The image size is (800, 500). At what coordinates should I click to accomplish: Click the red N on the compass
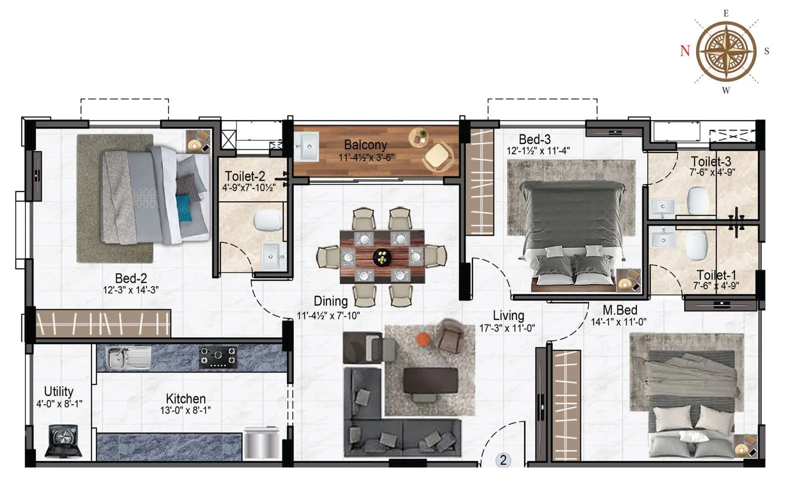[685, 50]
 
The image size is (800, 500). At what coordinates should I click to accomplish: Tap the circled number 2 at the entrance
[503, 460]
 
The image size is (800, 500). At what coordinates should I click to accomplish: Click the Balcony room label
[365, 145]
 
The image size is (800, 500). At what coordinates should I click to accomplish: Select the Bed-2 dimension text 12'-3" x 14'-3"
[130, 289]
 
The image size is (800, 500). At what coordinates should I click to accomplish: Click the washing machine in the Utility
[63, 441]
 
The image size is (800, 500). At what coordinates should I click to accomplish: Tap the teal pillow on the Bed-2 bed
[182, 206]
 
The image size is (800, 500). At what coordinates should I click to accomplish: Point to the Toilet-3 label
[711, 161]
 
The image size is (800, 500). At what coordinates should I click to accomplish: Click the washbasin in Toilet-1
[663, 239]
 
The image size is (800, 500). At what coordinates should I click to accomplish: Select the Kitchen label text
[185, 398]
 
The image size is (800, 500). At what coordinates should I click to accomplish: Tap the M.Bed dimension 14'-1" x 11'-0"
[618, 322]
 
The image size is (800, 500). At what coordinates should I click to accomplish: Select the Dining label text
[330, 301]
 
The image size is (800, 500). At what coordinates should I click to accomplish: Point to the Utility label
[58, 391]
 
